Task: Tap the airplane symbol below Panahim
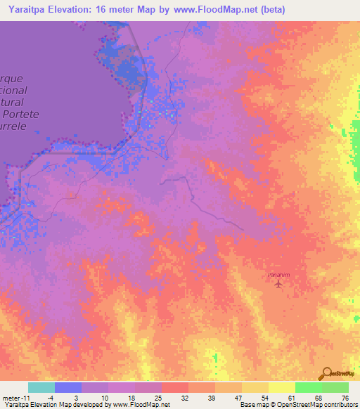279,285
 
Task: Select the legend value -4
41,397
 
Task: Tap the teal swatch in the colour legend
41,387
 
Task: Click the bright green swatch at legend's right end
335,387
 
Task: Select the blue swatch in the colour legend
68,387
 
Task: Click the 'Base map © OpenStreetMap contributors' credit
298,405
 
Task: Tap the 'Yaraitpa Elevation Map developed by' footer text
49,405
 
